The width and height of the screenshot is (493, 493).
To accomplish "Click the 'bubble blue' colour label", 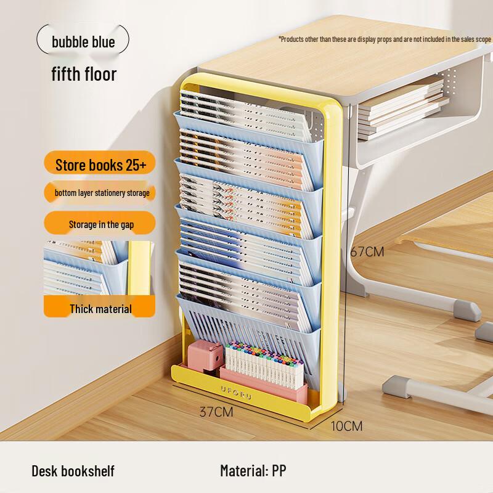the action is (83, 41).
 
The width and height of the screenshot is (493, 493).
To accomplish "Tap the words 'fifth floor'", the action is (84, 74).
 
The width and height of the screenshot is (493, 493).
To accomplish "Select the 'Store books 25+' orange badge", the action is (100, 164).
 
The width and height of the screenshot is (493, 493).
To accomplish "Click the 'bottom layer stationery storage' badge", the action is (100, 192).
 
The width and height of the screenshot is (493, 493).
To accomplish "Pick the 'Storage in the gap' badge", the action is (100, 224).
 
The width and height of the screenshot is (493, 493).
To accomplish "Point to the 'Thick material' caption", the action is (100, 309).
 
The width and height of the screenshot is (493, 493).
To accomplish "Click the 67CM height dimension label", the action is (367, 251).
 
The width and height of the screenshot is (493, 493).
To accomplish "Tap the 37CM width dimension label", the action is (216, 412).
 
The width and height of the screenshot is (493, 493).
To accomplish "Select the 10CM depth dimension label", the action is (346, 426).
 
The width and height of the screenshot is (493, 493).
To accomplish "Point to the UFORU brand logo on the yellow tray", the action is (236, 393).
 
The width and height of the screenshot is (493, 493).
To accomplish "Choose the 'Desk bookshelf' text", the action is (73, 471).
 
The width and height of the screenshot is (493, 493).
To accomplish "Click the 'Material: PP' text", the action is (253, 471).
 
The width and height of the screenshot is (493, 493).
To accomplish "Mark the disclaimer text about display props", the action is (385, 39).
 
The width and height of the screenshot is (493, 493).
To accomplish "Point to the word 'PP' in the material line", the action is (279, 471).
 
